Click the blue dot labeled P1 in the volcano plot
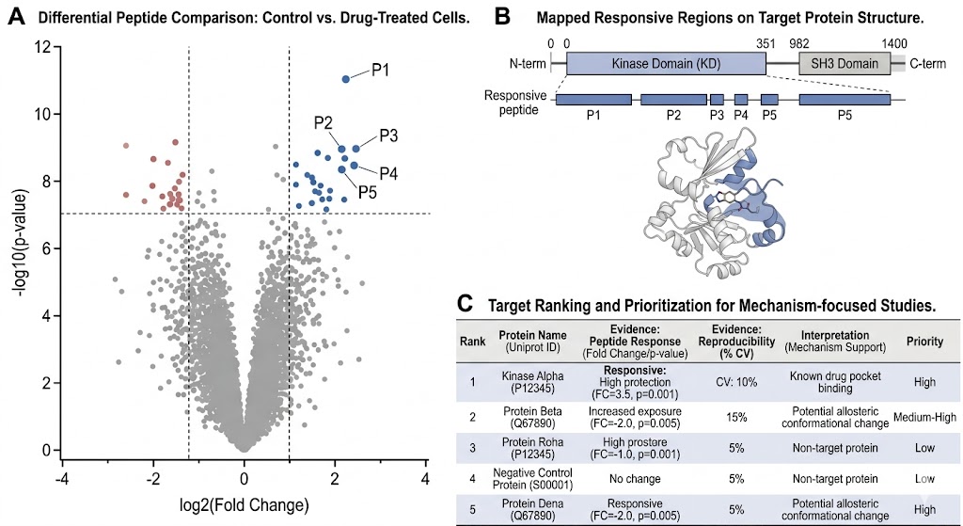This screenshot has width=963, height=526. click(x=346, y=79)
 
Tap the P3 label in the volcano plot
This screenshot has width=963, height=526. click(x=389, y=135)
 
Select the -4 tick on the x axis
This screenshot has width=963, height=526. click(x=62, y=478)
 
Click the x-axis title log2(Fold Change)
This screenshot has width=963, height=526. click(x=245, y=505)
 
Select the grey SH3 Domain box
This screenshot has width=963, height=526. click(x=845, y=63)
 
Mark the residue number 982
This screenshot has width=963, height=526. click(x=799, y=42)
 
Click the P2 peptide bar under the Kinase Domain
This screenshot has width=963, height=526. click(x=673, y=99)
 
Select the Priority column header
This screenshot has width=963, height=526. click(x=925, y=342)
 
